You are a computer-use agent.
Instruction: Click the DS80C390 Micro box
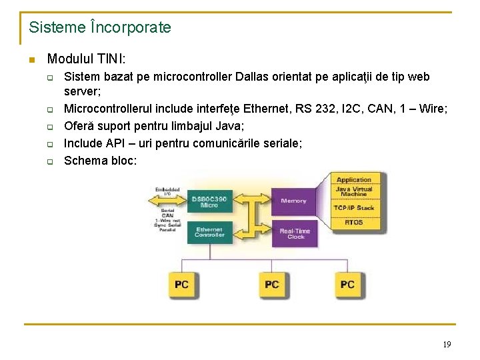coord(209,201)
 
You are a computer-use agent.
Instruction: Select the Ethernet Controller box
coord(209,232)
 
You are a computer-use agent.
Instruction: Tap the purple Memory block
coord(293,201)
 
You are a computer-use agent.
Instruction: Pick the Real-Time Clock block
coord(293,233)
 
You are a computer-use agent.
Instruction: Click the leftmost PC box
coord(181,285)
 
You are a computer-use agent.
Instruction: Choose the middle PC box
coord(272,285)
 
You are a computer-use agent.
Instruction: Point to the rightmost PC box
coord(347,285)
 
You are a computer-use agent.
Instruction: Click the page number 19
coord(447,345)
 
